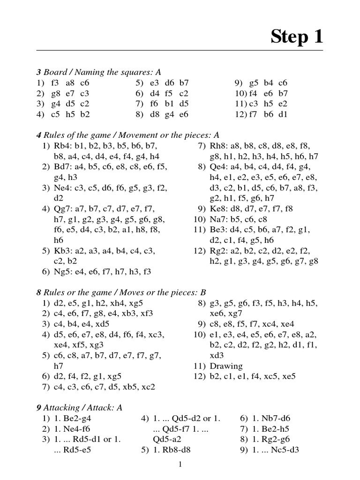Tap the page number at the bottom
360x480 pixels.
pyautogui.click(x=180, y=465)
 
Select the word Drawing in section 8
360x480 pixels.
pyautogui.click(x=226, y=366)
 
